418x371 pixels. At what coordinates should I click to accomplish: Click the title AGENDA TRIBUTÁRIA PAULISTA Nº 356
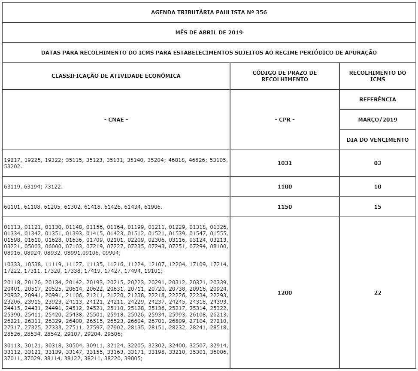point(209,12)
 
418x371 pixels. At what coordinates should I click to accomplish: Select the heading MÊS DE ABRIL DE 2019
point(209,32)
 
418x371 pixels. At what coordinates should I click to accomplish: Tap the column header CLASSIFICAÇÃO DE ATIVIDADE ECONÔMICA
point(116,76)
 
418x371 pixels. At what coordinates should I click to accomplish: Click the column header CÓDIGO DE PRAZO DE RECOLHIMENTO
point(285,76)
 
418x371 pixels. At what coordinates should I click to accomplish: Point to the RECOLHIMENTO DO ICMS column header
point(378,76)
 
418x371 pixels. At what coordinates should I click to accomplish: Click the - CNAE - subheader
point(116,120)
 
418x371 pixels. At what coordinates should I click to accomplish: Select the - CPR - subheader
point(285,120)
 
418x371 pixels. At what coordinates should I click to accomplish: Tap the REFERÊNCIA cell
point(378,100)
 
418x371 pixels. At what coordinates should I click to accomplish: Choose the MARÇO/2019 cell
point(378,120)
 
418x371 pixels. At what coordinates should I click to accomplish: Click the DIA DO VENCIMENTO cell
point(378,140)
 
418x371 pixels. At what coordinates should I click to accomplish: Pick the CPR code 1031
point(285,163)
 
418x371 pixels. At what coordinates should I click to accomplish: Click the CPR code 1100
point(285,187)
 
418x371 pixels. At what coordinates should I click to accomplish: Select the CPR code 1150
point(285,207)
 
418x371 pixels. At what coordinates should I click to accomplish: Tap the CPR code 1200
point(285,293)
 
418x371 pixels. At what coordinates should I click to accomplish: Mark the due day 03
point(378,163)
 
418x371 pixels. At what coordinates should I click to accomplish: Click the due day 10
point(378,187)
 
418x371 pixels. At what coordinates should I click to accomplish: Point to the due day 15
point(378,207)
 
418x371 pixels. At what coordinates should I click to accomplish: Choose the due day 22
point(378,293)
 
